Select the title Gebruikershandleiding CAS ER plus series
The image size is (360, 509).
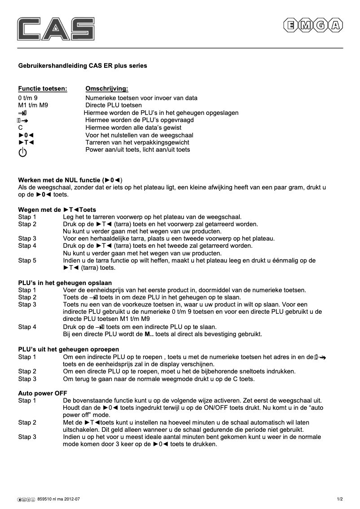[82, 66]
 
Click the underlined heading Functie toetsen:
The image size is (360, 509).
[42, 89]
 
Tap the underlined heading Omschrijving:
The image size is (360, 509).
[106, 89]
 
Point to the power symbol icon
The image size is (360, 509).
[22, 152]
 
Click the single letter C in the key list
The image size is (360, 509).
[20, 127]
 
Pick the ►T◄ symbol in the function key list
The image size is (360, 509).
[26, 142]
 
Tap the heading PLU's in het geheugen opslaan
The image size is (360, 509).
[65, 283]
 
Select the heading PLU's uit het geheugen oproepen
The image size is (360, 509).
[68, 349]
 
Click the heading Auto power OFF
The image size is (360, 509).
[42, 393]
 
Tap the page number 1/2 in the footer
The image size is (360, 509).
[340, 499]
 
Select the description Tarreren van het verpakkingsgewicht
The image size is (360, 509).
[137, 142]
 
